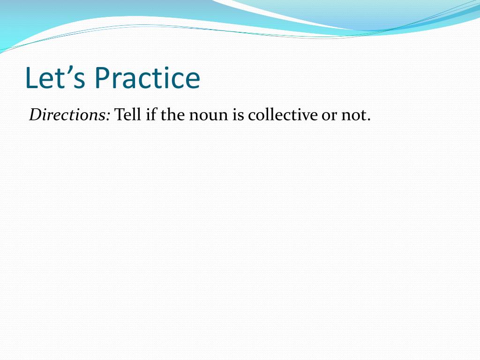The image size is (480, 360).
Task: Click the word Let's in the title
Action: (55, 78)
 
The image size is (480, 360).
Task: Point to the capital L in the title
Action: (31, 78)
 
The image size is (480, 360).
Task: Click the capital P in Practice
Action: (102, 78)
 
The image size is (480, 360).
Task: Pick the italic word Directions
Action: (67, 115)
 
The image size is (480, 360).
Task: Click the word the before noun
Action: (172, 115)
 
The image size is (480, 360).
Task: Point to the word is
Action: (238, 115)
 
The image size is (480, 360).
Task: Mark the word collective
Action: (283, 115)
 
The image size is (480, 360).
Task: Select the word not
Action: (353, 116)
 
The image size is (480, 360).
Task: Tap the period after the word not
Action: (368, 120)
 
